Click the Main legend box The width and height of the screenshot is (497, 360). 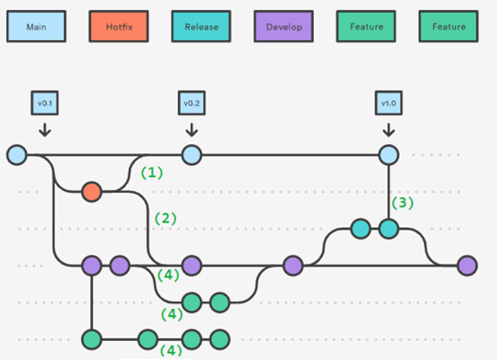tap(36, 26)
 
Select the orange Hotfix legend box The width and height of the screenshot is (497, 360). tap(118, 26)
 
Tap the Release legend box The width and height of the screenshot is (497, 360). tap(201, 26)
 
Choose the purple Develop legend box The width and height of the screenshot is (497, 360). tap(284, 26)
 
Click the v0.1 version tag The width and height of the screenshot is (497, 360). tap(45, 103)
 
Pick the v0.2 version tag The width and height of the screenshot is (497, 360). tap(192, 103)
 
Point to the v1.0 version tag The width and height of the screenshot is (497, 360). tap(388, 103)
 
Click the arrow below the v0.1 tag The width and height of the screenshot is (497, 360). tap(45, 130)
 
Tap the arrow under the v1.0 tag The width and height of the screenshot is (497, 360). tap(388, 130)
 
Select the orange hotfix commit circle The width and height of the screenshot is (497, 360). tap(92, 192)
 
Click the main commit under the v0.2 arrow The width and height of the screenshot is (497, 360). tap(192, 155)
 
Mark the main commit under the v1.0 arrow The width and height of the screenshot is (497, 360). tap(388, 155)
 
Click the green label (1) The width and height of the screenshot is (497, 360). tap(152, 173)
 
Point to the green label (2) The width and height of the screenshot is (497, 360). tap(165, 218)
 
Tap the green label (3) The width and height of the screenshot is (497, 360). tap(403, 203)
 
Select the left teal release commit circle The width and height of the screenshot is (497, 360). tap(361, 229)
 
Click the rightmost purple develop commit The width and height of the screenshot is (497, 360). tap(468, 266)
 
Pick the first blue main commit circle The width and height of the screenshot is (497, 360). tap(17, 155)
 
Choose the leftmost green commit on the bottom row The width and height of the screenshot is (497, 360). tap(92, 340)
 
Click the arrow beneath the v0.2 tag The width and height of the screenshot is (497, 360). tap(192, 130)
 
